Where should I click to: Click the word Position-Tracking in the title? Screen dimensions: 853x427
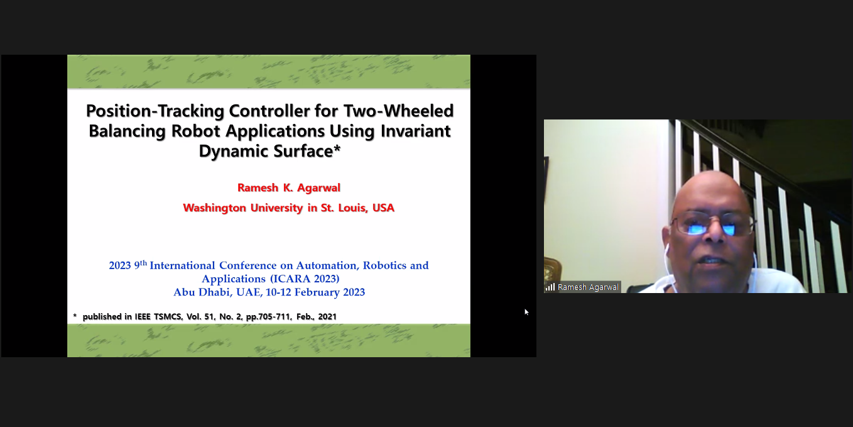155,111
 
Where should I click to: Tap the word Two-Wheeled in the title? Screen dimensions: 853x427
398,111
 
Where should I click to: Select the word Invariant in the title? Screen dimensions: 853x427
415,131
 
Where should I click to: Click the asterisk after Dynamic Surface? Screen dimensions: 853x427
337,148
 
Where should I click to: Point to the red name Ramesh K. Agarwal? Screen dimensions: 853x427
289,187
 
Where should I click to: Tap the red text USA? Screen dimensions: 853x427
383,208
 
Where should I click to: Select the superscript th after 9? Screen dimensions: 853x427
143,262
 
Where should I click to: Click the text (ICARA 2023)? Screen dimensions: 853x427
305,279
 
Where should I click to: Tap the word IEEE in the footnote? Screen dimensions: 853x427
143,316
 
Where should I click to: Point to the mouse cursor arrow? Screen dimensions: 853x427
526,312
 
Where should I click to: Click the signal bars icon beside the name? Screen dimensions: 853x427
550,287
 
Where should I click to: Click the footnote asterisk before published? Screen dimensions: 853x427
75,316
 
